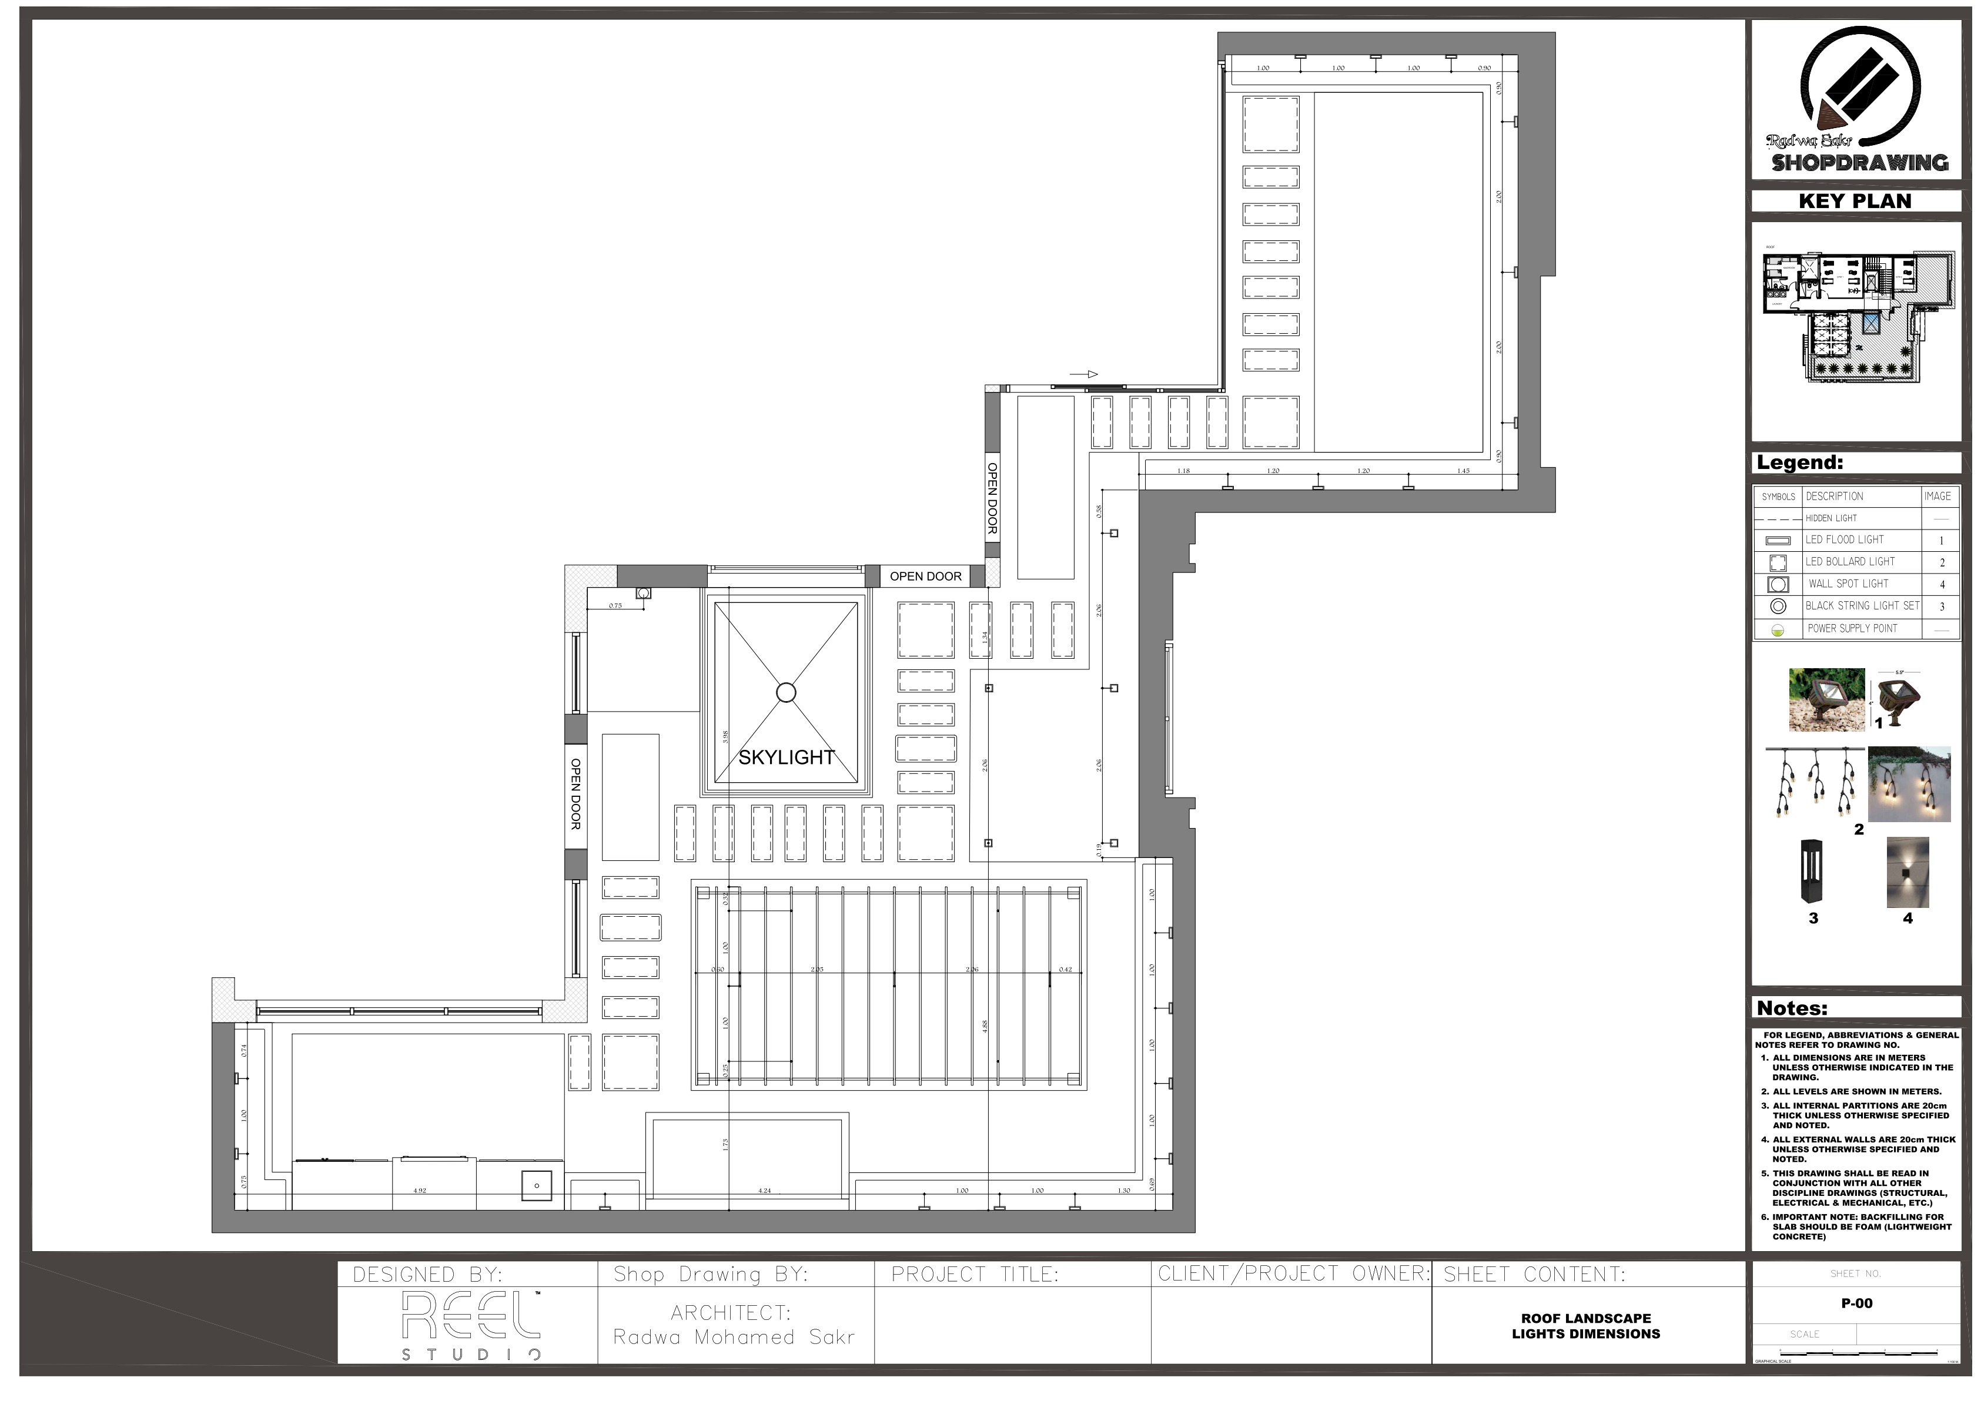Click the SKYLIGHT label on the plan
pos(786,758)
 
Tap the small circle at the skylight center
pos(786,692)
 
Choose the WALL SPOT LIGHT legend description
pos(1848,584)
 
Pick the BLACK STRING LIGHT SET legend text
pos(1862,606)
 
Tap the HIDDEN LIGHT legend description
pos(1831,518)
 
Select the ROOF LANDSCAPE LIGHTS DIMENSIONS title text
pos(1586,1326)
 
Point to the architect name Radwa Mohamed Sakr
pos(734,1337)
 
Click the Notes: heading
pos(1792,1008)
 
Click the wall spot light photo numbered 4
pos(1907,872)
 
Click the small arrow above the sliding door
pos(1084,374)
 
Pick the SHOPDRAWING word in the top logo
pos(1859,163)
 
